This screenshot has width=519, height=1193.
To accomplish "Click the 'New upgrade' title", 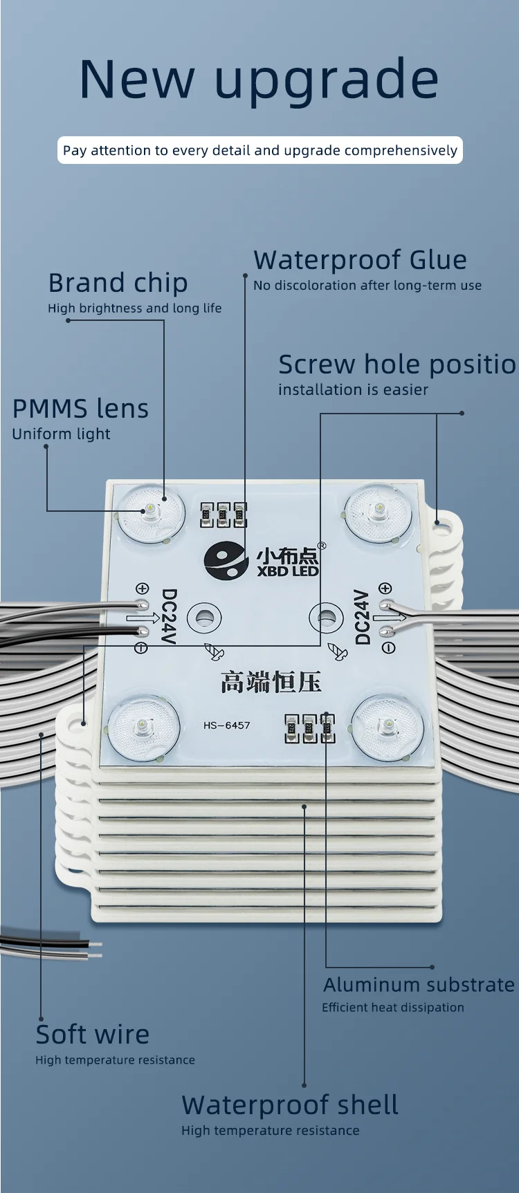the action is [259, 80].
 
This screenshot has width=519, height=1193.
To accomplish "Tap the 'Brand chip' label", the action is [118, 283].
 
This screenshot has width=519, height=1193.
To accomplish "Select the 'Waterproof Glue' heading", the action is [360, 260].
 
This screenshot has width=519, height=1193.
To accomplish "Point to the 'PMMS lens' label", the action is [80, 409].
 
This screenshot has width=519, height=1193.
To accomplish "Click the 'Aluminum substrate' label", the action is [419, 984].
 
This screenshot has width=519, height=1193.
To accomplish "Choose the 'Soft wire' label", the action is [92, 1035].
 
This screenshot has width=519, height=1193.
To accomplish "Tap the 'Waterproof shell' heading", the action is [289, 1105].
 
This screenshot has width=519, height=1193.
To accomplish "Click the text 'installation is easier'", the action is [353, 390].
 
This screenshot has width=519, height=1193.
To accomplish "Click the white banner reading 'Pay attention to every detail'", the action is [259, 150].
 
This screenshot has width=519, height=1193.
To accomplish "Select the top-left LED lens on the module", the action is [150, 512].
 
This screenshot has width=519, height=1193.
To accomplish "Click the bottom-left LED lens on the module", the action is [143, 727].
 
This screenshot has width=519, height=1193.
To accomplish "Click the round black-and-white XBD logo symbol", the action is [226, 561].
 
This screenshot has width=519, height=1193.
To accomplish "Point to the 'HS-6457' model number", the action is [226, 725].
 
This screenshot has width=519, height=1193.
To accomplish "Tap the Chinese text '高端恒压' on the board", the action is [271, 682].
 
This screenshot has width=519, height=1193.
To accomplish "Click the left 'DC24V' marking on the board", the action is [169, 616].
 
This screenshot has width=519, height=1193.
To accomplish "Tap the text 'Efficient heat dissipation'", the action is [392, 1008].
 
